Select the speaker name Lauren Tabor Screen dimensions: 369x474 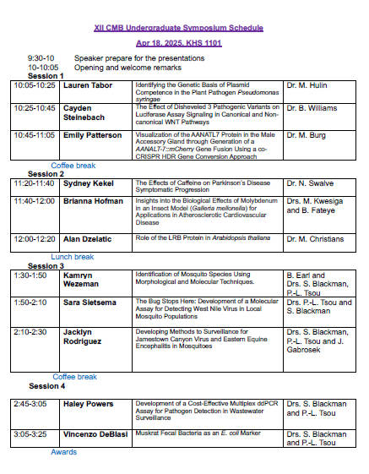click(88, 86)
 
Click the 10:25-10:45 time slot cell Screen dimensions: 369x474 click(34, 108)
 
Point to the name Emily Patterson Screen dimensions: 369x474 click(93, 134)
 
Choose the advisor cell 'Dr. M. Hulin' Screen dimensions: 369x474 click(307, 86)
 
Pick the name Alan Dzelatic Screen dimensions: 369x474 click(90, 239)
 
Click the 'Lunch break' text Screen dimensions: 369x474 click(73, 257)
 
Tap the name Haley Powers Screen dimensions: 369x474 click(89, 405)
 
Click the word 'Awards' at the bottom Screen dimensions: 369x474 click(63, 452)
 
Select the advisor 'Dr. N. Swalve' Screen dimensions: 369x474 click(310, 183)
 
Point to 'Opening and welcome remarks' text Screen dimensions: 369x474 click(128, 68)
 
